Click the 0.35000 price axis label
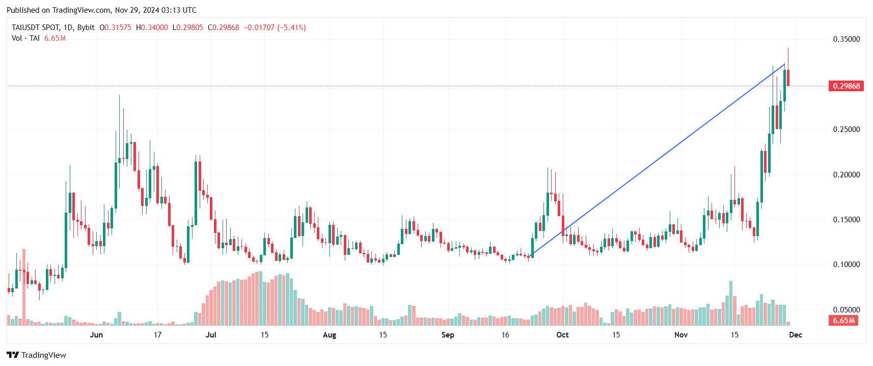pos(846,39)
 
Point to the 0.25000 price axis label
pos(846,129)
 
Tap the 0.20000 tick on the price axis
pos(846,175)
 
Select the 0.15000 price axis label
pos(846,220)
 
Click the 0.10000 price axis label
pos(846,265)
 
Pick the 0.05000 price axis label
pos(846,309)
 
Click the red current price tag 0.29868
pos(846,86)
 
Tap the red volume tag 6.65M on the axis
pos(844,321)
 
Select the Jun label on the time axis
pos(96,335)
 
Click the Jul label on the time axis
pos(210,335)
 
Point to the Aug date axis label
pos(330,335)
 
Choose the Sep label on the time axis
pos(448,335)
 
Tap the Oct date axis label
pos(562,335)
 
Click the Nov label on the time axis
pos(681,335)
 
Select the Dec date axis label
pos(796,335)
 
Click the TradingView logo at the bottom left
pos(36,355)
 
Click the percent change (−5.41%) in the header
pos(291,28)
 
